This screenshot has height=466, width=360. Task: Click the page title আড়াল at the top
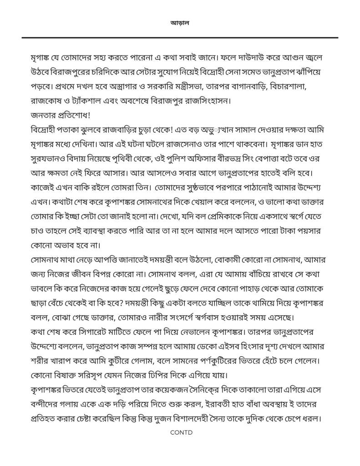tap(180, 22)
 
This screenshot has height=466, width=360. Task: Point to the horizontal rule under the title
tap(180, 37)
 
